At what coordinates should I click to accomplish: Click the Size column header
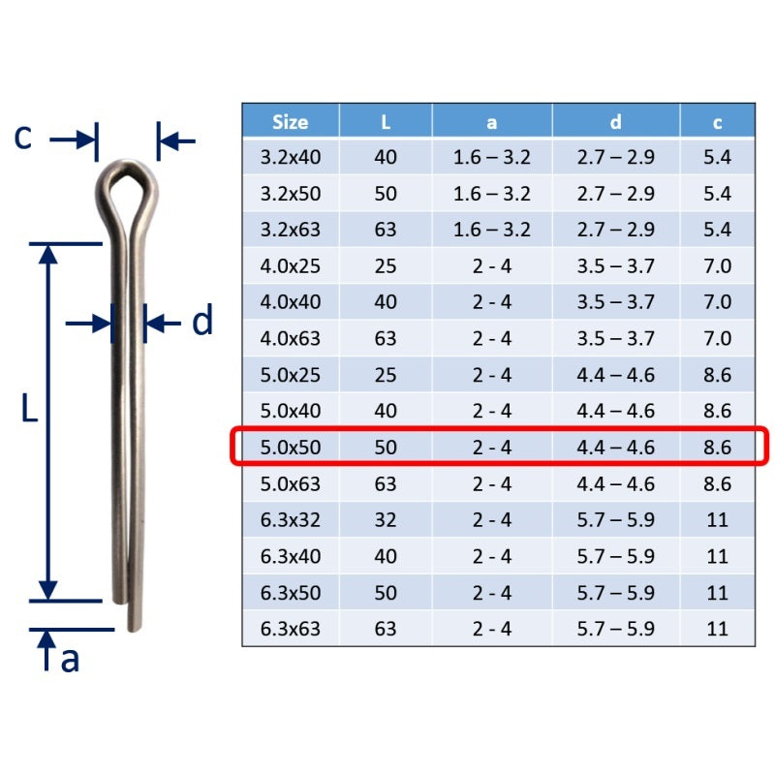pyautogui.click(x=290, y=122)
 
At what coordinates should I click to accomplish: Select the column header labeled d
pyautogui.click(x=615, y=122)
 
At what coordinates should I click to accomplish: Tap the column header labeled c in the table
pyautogui.click(x=717, y=123)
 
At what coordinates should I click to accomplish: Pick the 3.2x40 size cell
pyautogui.click(x=290, y=157)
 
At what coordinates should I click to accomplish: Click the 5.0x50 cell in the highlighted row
pyautogui.click(x=290, y=448)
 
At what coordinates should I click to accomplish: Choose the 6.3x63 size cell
pyautogui.click(x=290, y=629)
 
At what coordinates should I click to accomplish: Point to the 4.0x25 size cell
pyautogui.click(x=290, y=265)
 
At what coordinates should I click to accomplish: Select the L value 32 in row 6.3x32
pyautogui.click(x=386, y=520)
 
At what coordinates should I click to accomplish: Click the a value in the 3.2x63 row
pyautogui.click(x=492, y=230)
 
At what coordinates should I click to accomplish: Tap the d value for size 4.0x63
pyautogui.click(x=615, y=338)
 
